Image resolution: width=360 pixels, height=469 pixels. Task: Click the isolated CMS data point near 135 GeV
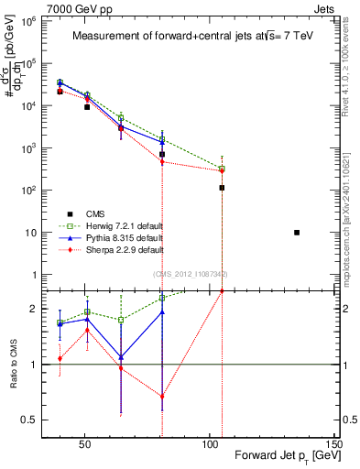tap(297, 233)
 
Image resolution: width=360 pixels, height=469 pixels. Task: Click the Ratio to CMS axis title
tap(12, 365)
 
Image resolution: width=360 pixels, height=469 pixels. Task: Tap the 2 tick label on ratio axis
tap(27, 309)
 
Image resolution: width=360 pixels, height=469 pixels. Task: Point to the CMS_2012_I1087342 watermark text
tap(191, 274)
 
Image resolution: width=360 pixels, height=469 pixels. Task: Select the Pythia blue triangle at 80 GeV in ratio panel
tap(162, 312)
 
